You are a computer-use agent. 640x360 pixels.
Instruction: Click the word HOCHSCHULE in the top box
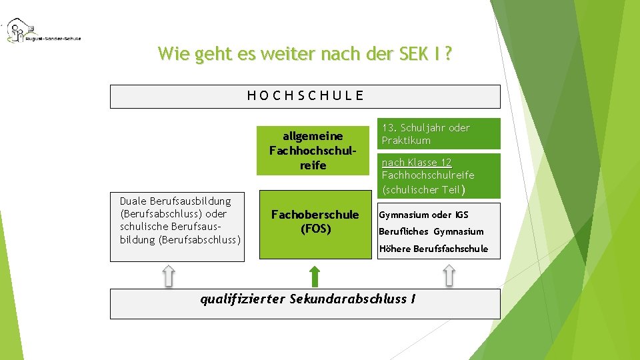(x=305, y=95)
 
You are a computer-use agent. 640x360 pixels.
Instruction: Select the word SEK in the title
(x=412, y=53)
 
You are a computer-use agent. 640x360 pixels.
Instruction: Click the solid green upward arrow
(x=315, y=275)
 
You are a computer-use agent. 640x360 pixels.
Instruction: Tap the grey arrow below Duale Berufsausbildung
(x=169, y=275)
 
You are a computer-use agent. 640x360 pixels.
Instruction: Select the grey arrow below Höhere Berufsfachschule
(x=449, y=275)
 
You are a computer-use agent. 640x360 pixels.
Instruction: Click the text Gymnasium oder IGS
(x=423, y=215)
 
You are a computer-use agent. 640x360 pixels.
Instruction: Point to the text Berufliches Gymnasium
(x=431, y=231)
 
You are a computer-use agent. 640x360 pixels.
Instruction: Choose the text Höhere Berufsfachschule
(x=433, y=249)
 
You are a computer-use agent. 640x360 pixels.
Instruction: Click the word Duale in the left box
(x=133, y=201)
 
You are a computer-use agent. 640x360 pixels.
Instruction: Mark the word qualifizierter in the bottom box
(x=243, y=299)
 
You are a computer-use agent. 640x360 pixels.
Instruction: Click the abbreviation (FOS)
(x=315, y=229)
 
